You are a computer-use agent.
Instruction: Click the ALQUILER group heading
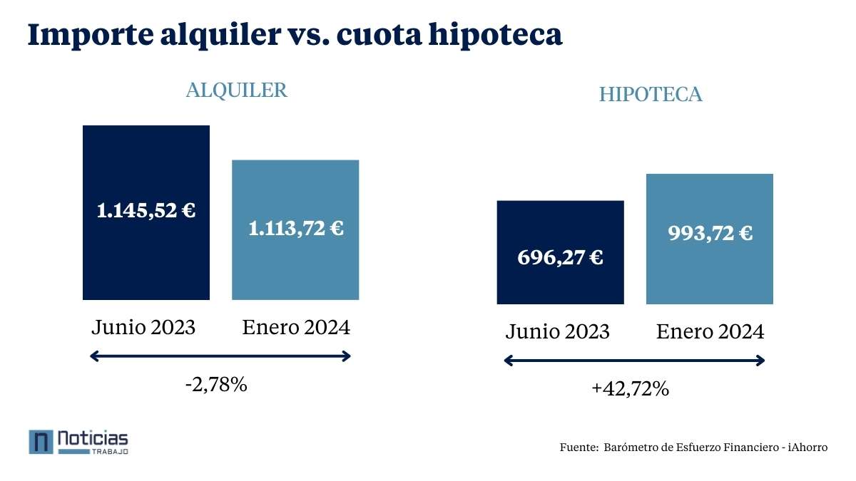pos(236,90)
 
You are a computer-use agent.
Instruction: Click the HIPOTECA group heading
pos(651,95)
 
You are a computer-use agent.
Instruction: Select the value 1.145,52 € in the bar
pos(146,211)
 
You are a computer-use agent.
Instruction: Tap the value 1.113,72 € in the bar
pos(295,229)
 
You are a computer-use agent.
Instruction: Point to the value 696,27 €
pos(560,257)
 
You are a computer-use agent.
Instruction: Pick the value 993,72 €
pos(710,233)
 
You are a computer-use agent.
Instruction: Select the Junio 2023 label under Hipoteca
pos(558,331)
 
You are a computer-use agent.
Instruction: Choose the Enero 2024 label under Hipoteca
pos(710,331)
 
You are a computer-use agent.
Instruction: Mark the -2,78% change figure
pos(215,386)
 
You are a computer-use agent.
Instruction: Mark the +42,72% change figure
pos(630,389)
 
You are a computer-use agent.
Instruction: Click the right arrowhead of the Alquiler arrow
pos(347,356)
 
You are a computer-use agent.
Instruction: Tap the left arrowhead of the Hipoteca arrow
pos(509,361)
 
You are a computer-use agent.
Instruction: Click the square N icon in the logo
pos(41,442)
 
